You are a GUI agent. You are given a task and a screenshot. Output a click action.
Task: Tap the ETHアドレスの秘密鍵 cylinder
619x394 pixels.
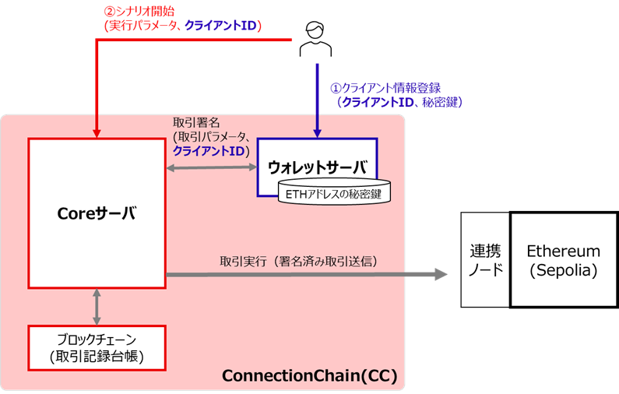pyautogui.click(x=334, y=193)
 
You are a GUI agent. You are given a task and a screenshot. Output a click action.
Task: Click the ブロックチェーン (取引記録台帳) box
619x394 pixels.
pyautogui.click(x=96, y=347)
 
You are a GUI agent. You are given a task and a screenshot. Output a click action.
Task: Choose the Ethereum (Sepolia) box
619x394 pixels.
pyautogui.click(x=563, y=259)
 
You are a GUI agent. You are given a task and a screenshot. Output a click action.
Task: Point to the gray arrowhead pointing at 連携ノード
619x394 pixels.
pyautogui.click(x=441, y=274)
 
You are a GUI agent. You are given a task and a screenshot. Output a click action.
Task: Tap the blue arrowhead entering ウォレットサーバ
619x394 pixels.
pyautogui.click(x=317, y=132)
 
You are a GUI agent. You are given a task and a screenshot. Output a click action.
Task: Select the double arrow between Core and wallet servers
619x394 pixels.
pyautogui.click(x=211, y=167)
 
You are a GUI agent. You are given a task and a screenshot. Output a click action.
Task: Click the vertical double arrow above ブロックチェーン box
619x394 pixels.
pyautogui.click(x=96, y=306)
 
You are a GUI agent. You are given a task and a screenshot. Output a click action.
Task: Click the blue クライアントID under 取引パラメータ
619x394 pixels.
pyautogui.click(x=207, y=150)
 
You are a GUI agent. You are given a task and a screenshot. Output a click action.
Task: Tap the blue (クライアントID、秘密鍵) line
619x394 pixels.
pyautogui.click(x=399, y=102)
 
